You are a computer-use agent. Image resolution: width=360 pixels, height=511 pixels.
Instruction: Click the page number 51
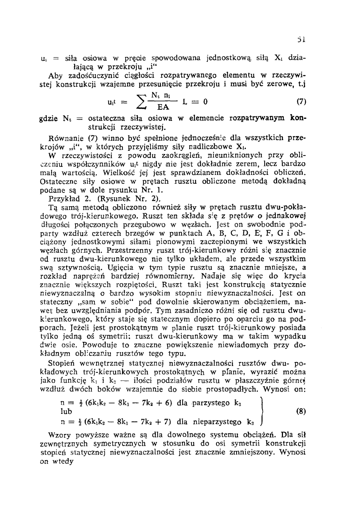coord(302,40)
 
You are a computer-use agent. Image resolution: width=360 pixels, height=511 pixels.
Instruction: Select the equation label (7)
coord(301,102)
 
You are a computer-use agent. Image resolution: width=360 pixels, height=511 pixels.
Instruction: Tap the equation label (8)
coord(301,411)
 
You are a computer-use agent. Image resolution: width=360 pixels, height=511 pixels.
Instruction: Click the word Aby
coord(55,75)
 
